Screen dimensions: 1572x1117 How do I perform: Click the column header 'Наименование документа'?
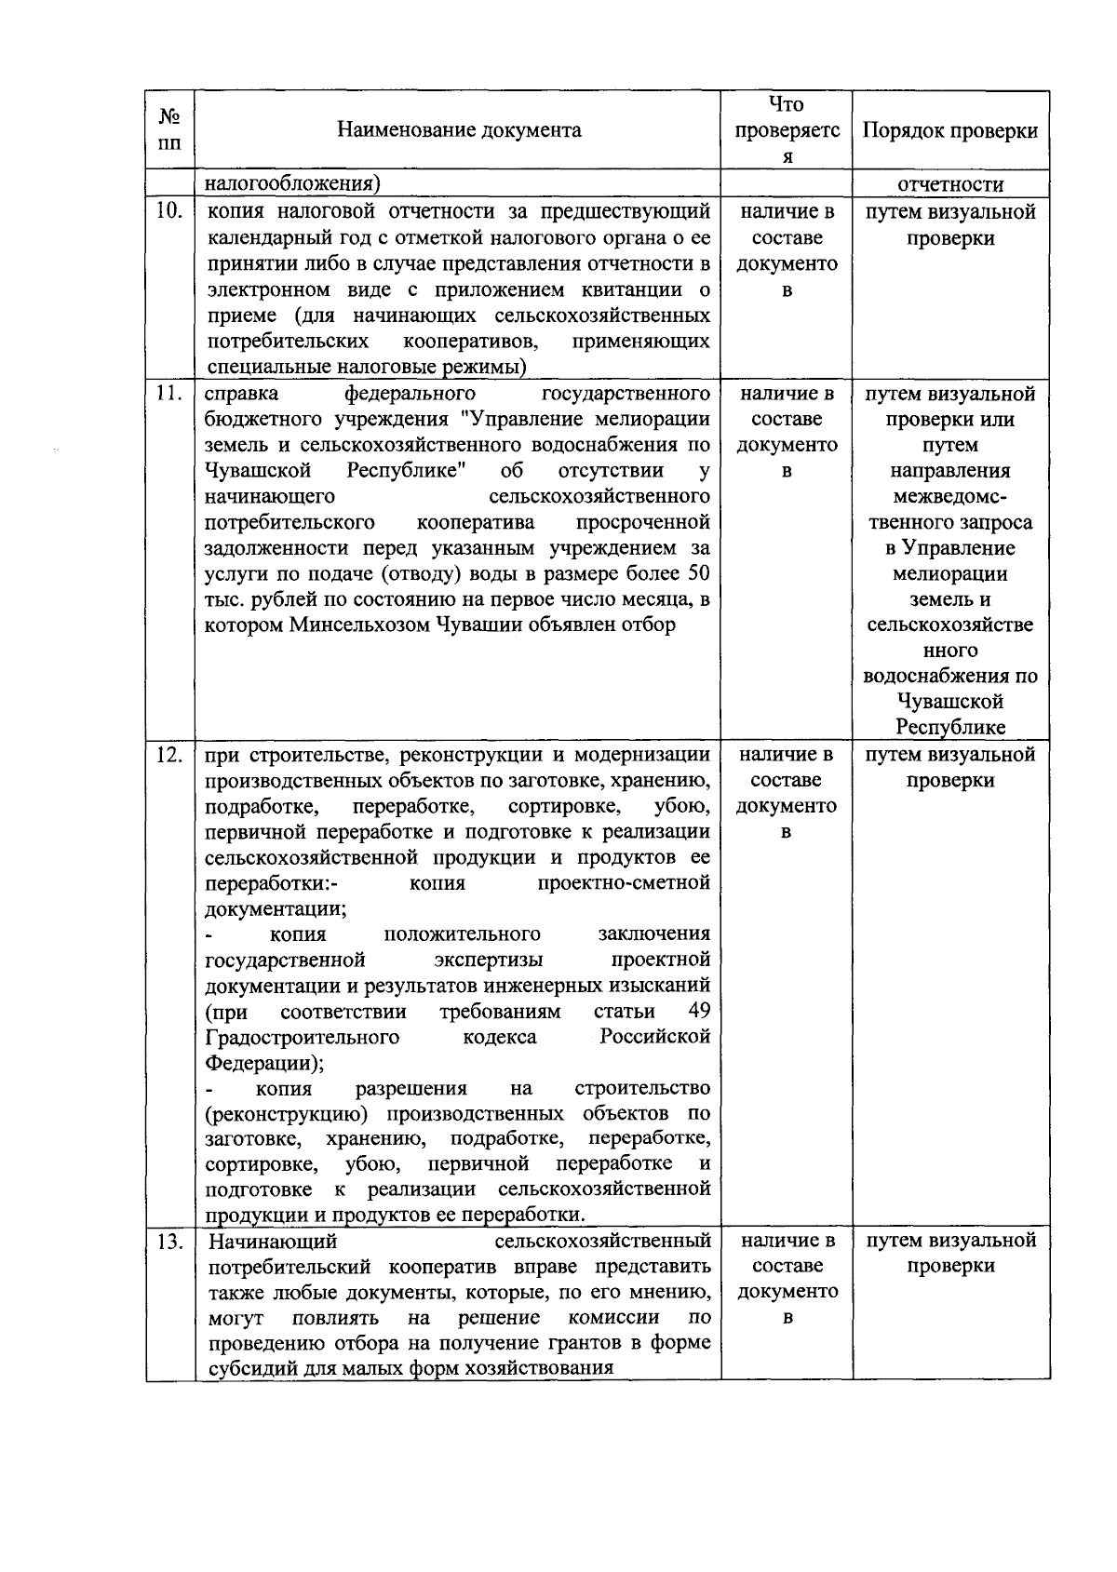point(459,130)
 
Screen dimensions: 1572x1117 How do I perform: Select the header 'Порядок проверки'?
point(950,130)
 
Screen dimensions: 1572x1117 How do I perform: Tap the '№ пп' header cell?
point(169,130)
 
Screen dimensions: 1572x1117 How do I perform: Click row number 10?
point(168,211)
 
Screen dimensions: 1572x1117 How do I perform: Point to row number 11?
point(168,394)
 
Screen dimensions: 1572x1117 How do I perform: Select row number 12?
point(168,755)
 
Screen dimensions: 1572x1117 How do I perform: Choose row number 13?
point(168,1242)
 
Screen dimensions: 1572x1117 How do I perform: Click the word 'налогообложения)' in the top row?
point(293,184)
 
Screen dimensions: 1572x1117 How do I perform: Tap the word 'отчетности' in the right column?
point(950,184)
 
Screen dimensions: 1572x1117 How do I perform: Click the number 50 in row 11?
point(698,573)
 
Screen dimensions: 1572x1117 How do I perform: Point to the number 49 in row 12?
point(698,1012)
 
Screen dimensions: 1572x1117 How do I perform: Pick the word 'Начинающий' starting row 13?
point(273,1242)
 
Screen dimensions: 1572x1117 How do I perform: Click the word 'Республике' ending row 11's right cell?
point(950,727)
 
